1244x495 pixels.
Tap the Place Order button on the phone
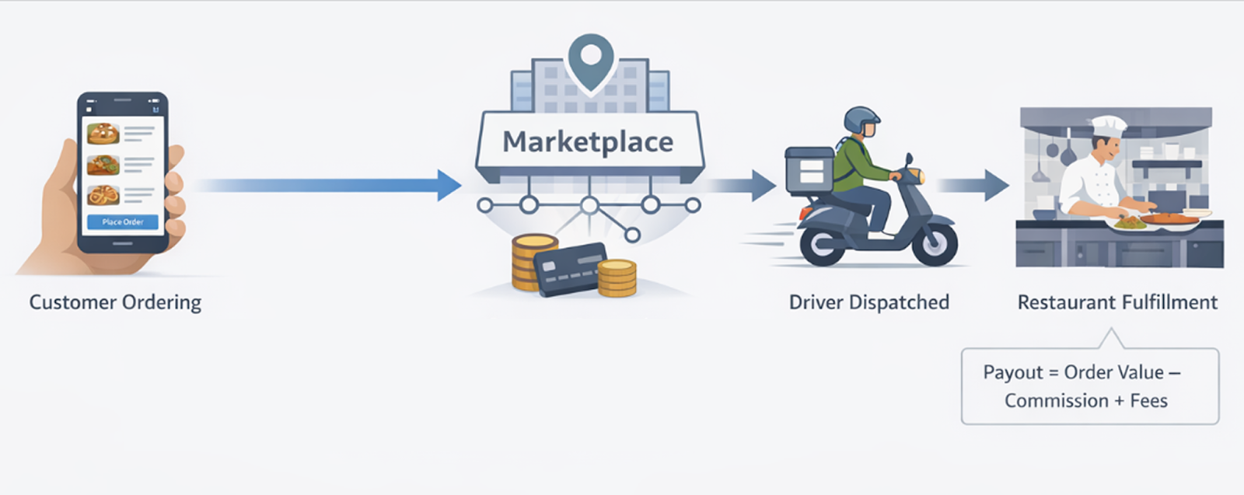[x=123, y=222]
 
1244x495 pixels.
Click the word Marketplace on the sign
[x=588, y=142]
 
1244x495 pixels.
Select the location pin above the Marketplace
[x=591, y=61]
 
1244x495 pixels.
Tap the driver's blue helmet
[x=861, y=121]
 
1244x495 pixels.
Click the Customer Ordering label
[x=115, y=302]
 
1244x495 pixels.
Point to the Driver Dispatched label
[x=868, y=302]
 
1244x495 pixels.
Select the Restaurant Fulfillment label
[x=1117, y=302]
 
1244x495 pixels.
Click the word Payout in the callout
[x=1012, y=372]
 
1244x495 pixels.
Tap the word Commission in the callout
[x=1056, y=401]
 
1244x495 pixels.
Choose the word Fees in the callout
[x=1148, y=401]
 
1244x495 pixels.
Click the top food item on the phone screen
[x=103, y=134]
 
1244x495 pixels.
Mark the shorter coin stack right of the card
[x=617, y=278]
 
